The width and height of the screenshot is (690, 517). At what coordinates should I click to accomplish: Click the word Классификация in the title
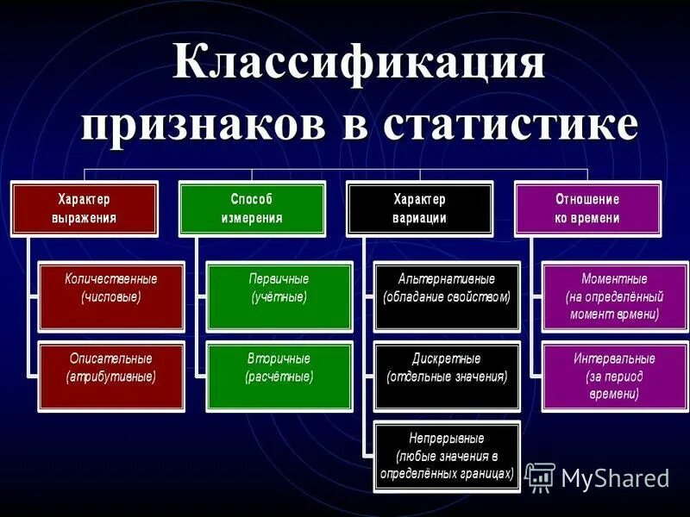360,66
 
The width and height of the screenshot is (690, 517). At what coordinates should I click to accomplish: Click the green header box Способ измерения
251,208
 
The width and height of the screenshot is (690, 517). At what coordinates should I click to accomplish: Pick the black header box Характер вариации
419,208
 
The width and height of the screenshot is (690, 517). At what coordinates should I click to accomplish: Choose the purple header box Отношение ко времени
587,208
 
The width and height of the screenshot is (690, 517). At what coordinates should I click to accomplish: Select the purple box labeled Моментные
614,297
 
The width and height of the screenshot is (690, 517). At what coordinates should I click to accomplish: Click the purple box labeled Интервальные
614,376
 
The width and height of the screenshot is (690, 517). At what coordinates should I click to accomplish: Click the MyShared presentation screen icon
540,477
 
